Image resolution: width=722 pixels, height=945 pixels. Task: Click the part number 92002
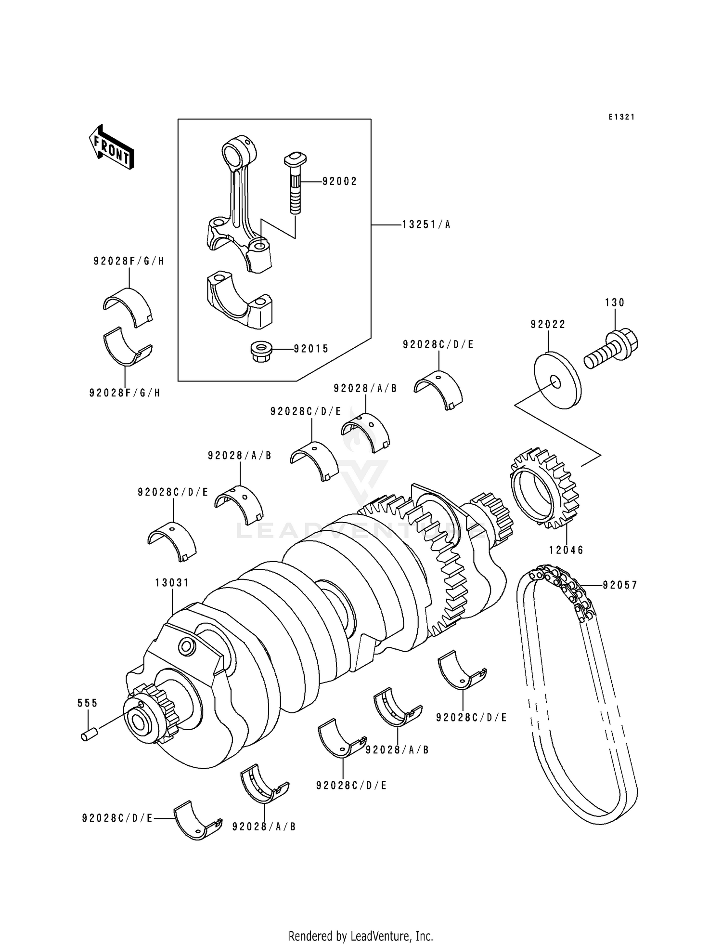339,182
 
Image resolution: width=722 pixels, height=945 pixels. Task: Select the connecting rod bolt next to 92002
295,183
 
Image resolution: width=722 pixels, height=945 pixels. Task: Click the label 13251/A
426,225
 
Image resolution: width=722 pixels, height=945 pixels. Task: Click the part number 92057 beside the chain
619,585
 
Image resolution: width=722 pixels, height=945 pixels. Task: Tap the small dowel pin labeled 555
90,735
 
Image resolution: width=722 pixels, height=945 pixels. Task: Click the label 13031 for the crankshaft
172,583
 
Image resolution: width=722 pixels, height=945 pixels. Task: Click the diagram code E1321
621,117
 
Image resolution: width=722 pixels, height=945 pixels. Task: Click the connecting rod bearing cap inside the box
240,299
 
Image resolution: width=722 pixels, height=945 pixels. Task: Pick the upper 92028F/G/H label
129,262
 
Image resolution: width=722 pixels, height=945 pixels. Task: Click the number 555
88,703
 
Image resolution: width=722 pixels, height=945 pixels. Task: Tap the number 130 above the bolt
615,302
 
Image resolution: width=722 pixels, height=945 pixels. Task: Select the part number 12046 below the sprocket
566,550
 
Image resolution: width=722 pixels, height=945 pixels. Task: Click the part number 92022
548,325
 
